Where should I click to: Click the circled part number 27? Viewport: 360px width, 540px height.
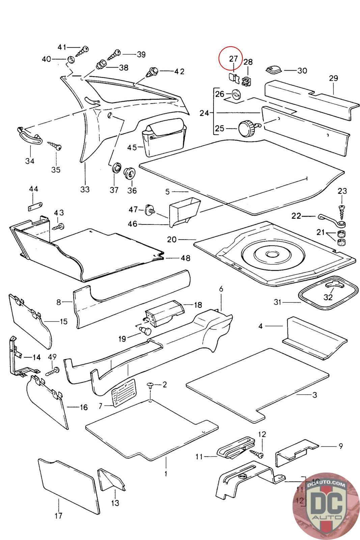tap(233, 59)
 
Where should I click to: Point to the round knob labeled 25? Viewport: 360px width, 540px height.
tap(246, 128)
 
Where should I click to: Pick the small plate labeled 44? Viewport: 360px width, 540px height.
tap(34, 207)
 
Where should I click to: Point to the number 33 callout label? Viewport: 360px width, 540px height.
tap(85, 189)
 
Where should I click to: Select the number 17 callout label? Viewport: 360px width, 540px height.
tap(58, 516)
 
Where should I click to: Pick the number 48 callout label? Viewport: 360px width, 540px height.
tap(185, 258)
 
